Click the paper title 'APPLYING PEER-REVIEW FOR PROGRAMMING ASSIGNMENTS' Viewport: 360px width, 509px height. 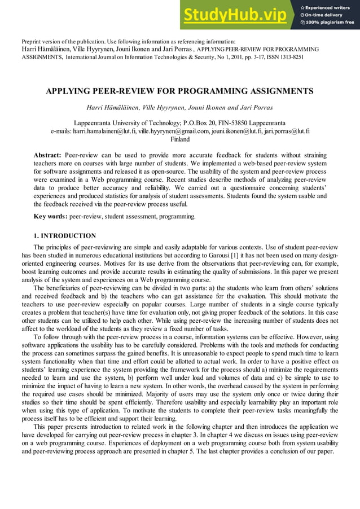click(179, 91)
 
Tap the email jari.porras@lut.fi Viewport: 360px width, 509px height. click(284, 131)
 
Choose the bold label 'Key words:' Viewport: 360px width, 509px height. click(51, 216)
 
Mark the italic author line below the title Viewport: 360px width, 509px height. click(179, 107)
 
